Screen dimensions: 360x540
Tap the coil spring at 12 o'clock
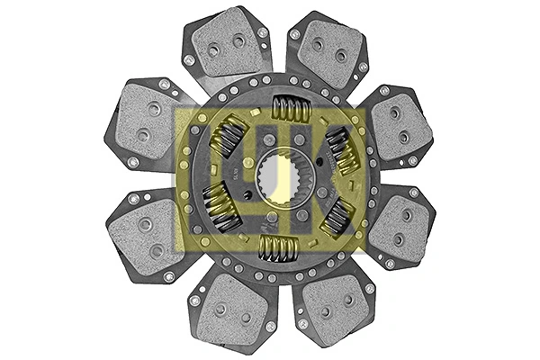(291, 110)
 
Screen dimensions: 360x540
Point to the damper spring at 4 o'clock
(335, 218)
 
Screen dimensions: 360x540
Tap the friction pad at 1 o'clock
(327, 49)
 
